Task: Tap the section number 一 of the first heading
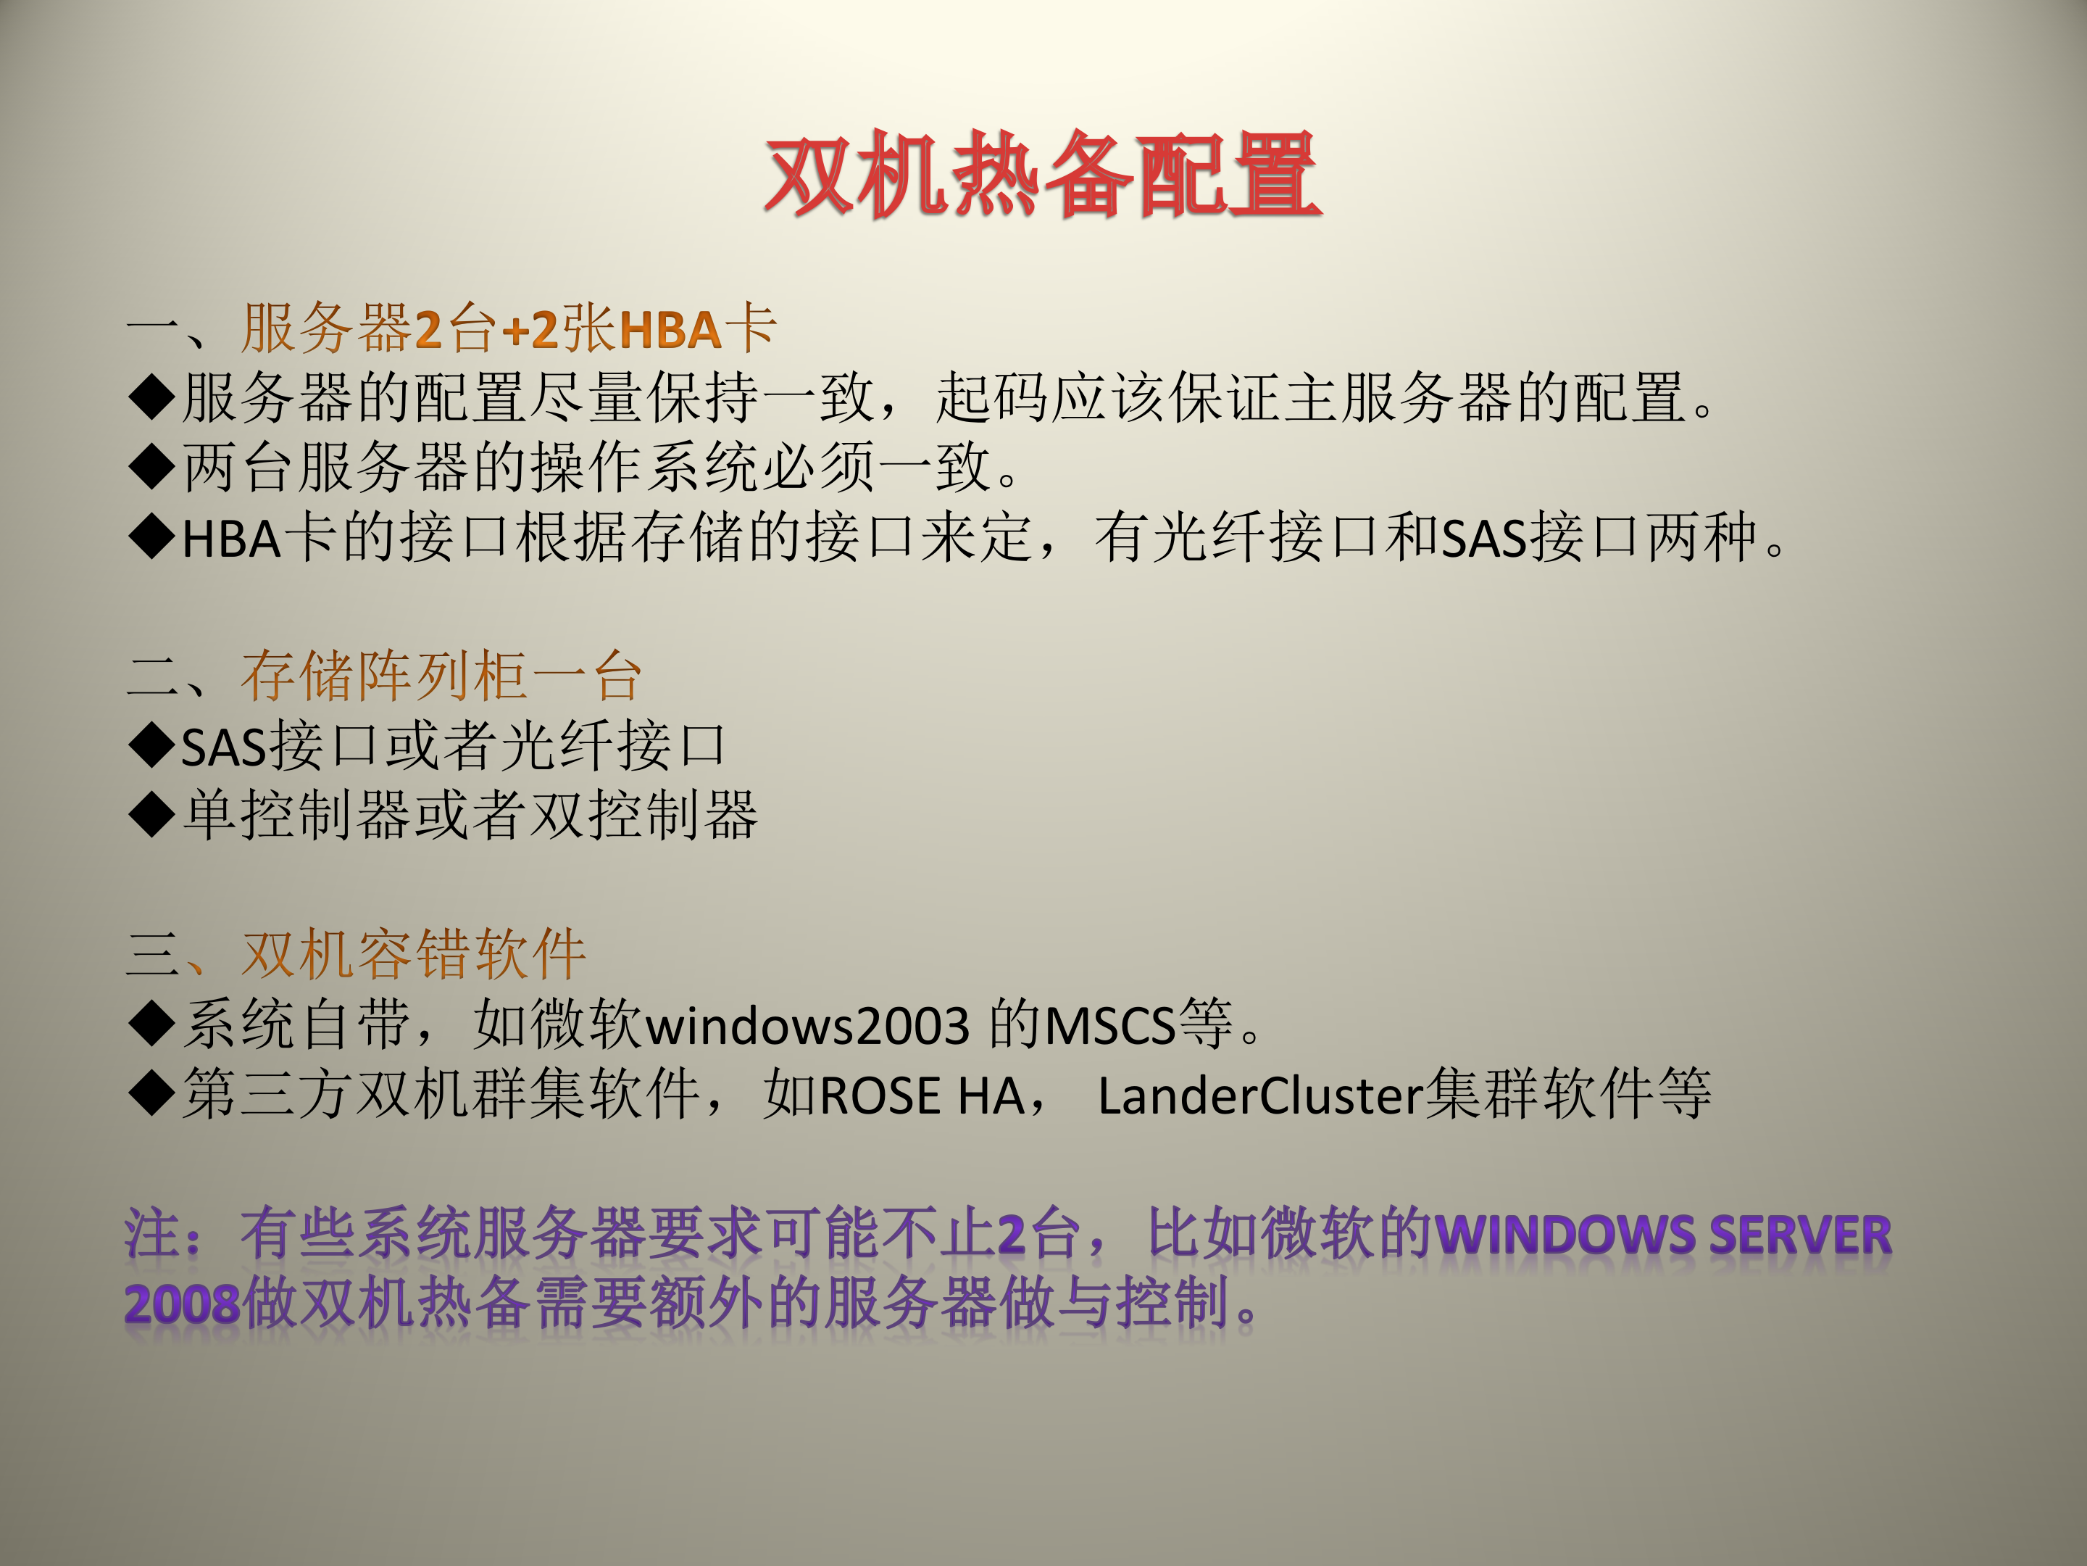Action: pos(151,328)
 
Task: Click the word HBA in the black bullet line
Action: pos(231,539)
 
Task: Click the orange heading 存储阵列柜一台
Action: pos(441,676)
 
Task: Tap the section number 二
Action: pos(151,676)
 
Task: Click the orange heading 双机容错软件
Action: pos(415,953)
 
